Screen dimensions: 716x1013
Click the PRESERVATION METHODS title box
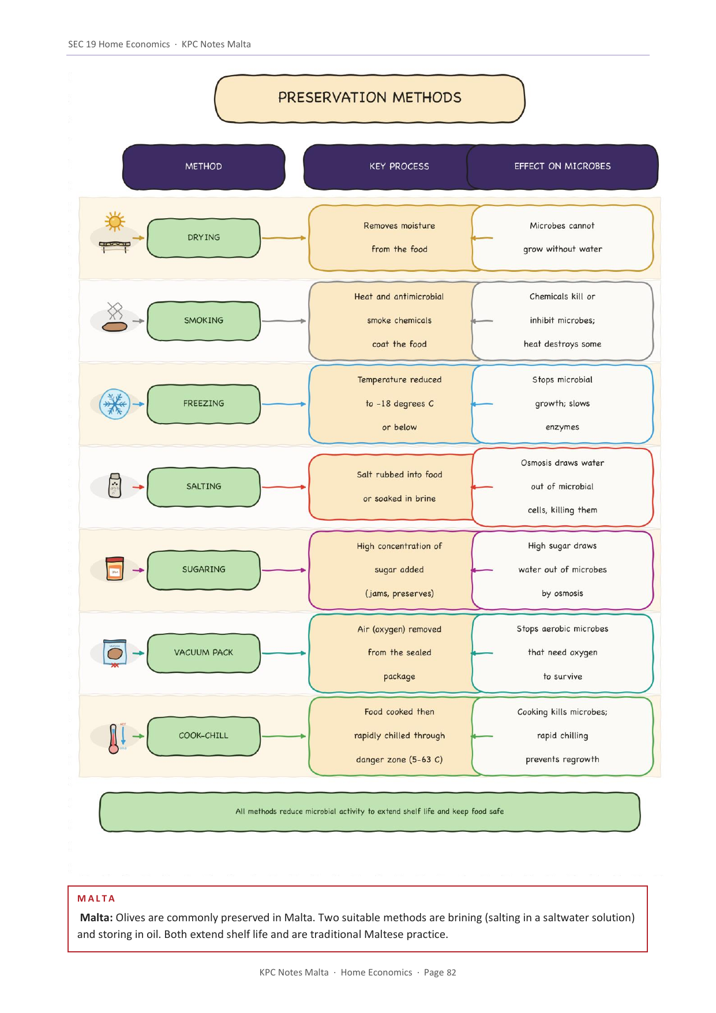tap(370, 98)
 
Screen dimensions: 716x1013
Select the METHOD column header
tap(204, 167)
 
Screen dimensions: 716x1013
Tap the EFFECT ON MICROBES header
tap(563, 167)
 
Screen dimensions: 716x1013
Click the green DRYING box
tap(204, 238)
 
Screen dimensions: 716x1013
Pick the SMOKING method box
tap(204, 321)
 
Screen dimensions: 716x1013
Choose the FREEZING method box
tap(204, 404)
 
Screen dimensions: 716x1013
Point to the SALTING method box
tap(204, 487)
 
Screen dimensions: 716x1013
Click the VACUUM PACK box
tap(204, 653)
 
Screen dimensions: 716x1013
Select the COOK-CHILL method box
tap(204, 736)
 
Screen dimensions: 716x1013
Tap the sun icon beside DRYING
tap(115, 221)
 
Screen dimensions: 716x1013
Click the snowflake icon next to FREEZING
tap(115, 404)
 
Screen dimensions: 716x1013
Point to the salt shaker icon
tap(115, 486)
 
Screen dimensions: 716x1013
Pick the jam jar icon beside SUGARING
tap(115, 569)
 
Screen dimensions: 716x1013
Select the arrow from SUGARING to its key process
tap(284, 570)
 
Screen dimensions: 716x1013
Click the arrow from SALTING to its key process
tap(284, 487)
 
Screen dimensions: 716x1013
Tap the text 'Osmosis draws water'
tap(563, 463)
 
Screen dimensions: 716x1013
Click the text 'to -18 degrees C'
tap(399, 404)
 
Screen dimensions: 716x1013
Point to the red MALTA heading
tap(96, 899)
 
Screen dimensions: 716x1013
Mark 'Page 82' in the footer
tap(440, 973)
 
